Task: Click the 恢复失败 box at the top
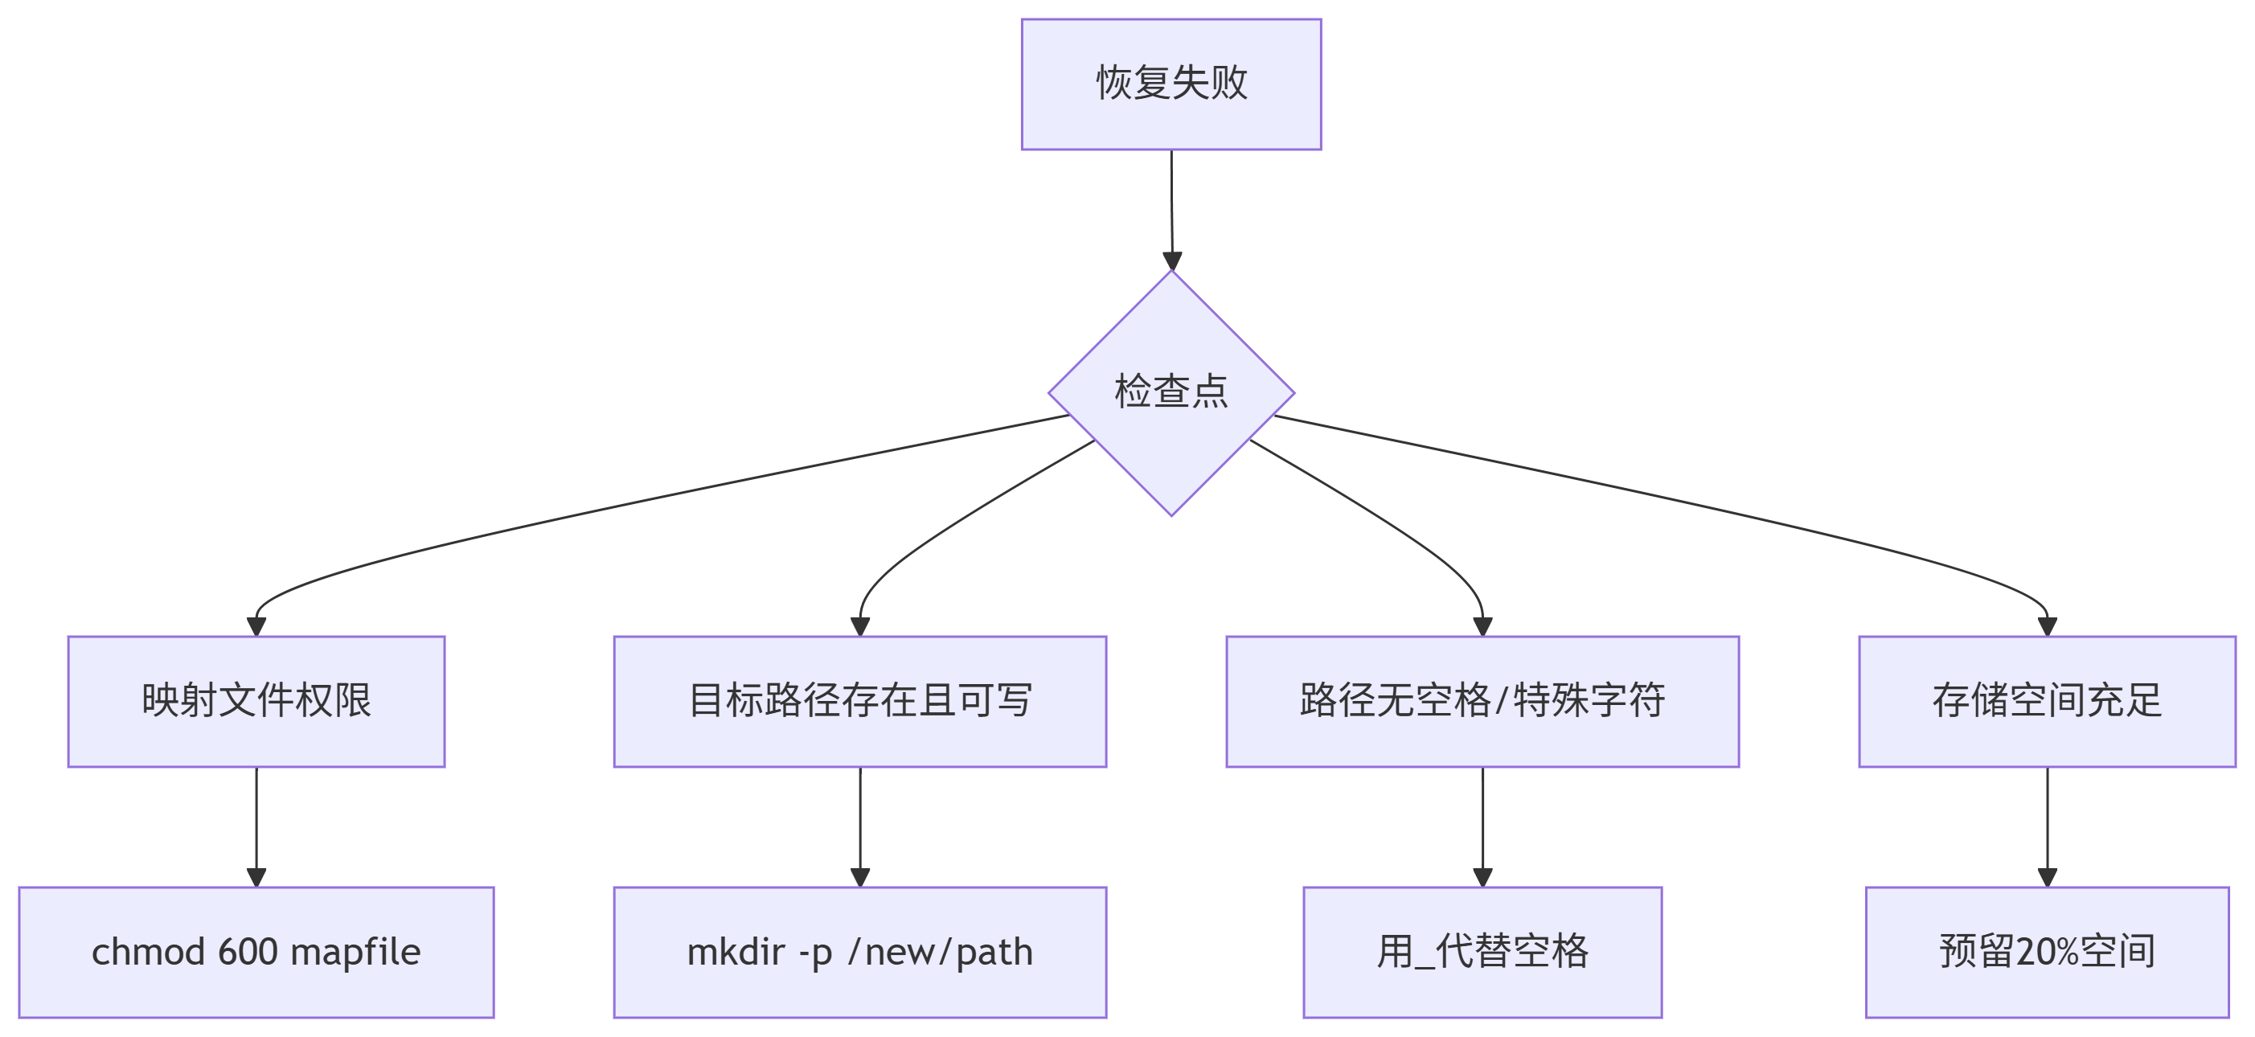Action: pos(1171,84)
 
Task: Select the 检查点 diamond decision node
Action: pos(1171,393)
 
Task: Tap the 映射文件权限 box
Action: pos(256,701)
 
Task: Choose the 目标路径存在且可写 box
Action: pos(859,701)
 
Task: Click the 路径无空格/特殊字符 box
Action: pos(1482,701)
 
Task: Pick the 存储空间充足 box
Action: pos(2047,701)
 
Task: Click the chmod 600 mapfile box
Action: pos(256,952)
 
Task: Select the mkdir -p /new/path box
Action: pos(859,952)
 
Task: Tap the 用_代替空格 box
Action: pos(1482,952)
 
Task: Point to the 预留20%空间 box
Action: pos(2047,952)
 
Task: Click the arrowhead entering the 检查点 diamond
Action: pos(1172,260)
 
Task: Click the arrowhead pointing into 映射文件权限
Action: pos(256,625)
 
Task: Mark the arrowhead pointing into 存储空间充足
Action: pos(2047,625)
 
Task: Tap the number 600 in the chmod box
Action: pos(248,952)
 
